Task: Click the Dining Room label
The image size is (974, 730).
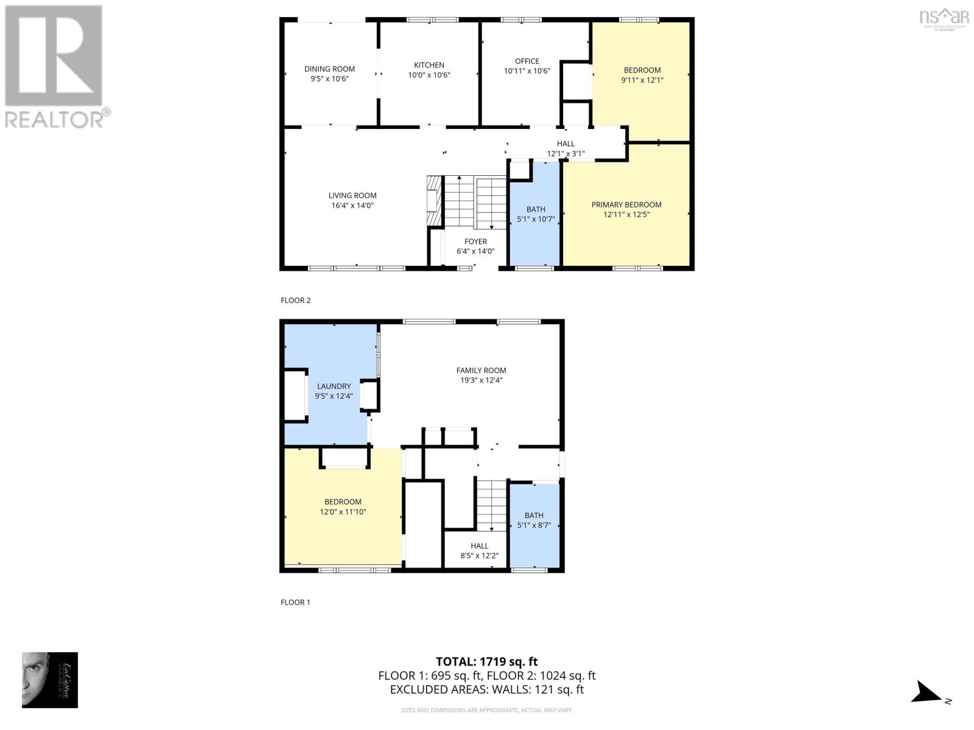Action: click(329, 69)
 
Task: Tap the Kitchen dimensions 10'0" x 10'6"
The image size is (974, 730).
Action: click(429, 75)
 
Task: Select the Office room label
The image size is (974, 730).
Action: click(527, 61)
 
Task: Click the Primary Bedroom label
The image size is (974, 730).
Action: click(626, 204)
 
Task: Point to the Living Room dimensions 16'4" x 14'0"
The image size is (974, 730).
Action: click(352, 206)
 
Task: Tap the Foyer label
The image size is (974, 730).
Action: click(475, 242)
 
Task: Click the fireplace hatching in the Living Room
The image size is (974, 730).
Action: click(433, 201)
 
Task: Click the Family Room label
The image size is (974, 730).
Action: click(481, 370)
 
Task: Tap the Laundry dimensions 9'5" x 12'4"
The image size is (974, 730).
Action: click(334, 396)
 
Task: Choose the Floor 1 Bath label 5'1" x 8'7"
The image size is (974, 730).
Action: click(534, 520)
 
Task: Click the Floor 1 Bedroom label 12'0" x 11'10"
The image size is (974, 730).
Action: click(343, 507)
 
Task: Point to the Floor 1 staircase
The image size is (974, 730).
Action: click(491, 505)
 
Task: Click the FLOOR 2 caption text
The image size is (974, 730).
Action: click(295, 300)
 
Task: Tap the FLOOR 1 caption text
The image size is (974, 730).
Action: click(295, 602)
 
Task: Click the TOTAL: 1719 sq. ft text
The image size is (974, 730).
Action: click(486, 661)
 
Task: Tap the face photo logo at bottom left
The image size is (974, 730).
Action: click(49, 680)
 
